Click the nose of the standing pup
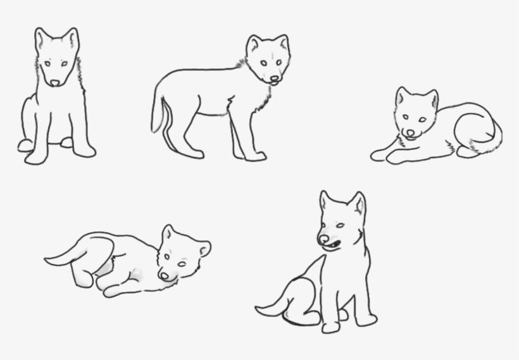coord(274,78)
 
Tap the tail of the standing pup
coord(158,114)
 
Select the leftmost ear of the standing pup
coord(254,44)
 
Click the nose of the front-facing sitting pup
coord(56,82)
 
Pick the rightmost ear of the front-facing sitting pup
coord(72,39)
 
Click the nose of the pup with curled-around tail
coord(410,132)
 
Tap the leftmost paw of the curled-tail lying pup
coord(378,154)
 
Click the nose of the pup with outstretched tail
coord(165,275)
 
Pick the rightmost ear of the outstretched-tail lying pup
coord(204,248)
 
